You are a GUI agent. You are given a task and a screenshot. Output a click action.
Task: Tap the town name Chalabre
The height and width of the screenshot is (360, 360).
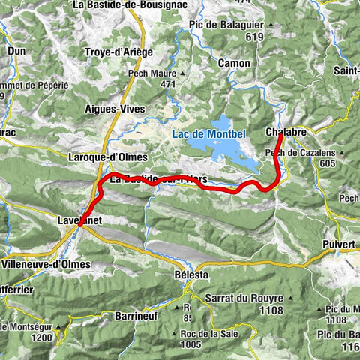click(x=286, y=132)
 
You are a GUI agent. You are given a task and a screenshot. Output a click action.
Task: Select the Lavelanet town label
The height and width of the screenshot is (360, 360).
click(x=79, y=220)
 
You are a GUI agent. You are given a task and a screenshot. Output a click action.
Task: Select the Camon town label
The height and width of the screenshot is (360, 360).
click(x=233, y=64)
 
